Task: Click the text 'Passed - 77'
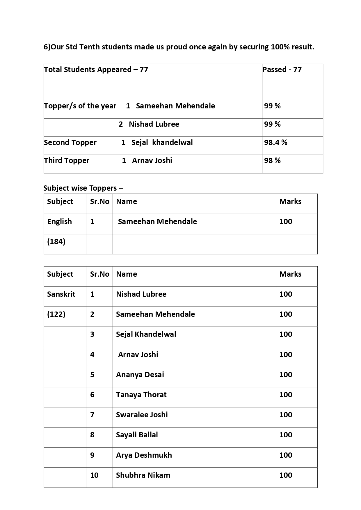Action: pyautogui.click(x=282, y=69)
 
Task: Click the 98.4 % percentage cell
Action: pyautogui.click(x=275, y=142)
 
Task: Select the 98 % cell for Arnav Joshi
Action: pyautogui.click(x=272, y=160)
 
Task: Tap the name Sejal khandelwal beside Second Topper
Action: pyautogui.click(x=162, y=142)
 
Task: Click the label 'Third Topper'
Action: pyautogui.click(x=67, y=160)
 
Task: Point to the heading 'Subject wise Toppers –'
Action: pyautogui.click(x=83, y=188)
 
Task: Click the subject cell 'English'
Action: pyautogui.click(x=59, y=221)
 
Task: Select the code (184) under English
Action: pyautogui.click(x=56, y=241)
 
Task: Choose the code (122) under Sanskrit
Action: pyautogui.click(x=56, y=314)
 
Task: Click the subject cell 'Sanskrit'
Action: pyautogui.click(x=61, y=294)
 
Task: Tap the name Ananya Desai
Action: pyautogui.click(x=140, y=375)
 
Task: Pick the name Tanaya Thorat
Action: pyautogui.click(x=141, y=395)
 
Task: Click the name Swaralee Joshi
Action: pyautogui.click(x=142, y=415)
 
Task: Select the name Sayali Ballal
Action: pyautogui.click(x=137, y=435)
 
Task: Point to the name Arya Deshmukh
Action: pyautogui.click(x=144, y=455)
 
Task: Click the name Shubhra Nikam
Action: pyautogui.click(x=143, y=475)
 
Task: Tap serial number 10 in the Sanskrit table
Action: pyautogui.click(x=94, y=475)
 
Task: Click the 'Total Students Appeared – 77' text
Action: pyautogui.click(x=96, y=69)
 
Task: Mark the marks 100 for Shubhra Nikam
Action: pyautogui.click(x=286, y=475)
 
